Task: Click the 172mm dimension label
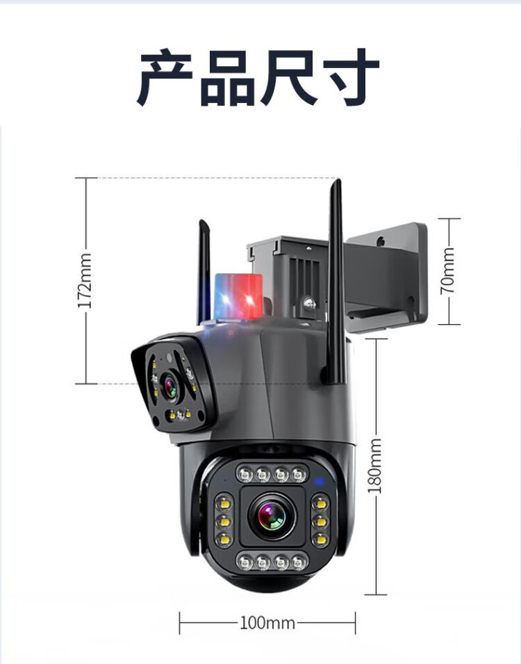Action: pos(84,281)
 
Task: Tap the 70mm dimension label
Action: pos(449,270)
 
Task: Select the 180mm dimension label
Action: pos(375,466)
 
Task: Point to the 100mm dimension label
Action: pos(267,622)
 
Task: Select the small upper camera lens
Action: pos(169,386)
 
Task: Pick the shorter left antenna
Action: pos(204,271)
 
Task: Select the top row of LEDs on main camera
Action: pos(271,474)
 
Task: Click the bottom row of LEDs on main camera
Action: pos(271,560)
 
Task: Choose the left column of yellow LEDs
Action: pos(224,518)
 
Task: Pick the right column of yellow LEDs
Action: pos(320,518)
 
